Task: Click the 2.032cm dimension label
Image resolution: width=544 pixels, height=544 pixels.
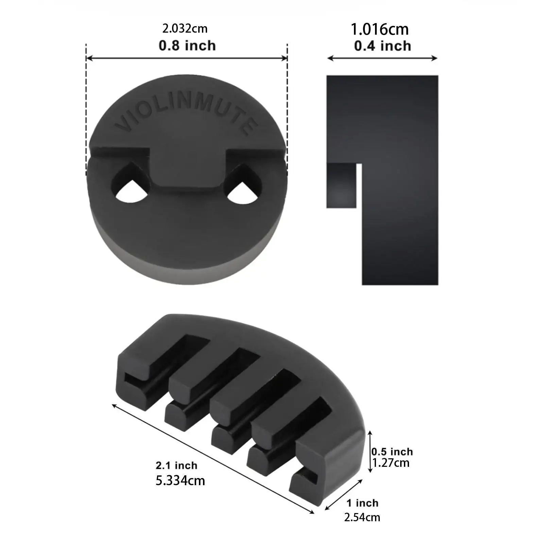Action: [185, 29]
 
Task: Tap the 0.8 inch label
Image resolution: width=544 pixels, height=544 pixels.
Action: [187, 46]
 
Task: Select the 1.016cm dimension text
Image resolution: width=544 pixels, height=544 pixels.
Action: [379, 29]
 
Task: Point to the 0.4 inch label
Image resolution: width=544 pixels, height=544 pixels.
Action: [382, 46]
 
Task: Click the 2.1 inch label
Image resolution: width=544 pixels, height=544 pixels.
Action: [176, 465]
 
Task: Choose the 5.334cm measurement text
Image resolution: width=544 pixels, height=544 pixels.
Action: [180, 481]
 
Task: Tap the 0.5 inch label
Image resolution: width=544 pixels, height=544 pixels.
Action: [392, 452]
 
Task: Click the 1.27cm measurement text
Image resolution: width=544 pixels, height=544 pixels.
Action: [391, 463]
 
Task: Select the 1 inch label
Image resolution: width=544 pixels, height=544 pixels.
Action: [362, 503]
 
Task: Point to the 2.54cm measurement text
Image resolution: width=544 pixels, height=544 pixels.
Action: [362, 517]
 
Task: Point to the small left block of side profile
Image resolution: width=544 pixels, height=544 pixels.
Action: [341, 185]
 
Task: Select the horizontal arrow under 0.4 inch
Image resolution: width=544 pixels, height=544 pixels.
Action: [382, 58]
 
